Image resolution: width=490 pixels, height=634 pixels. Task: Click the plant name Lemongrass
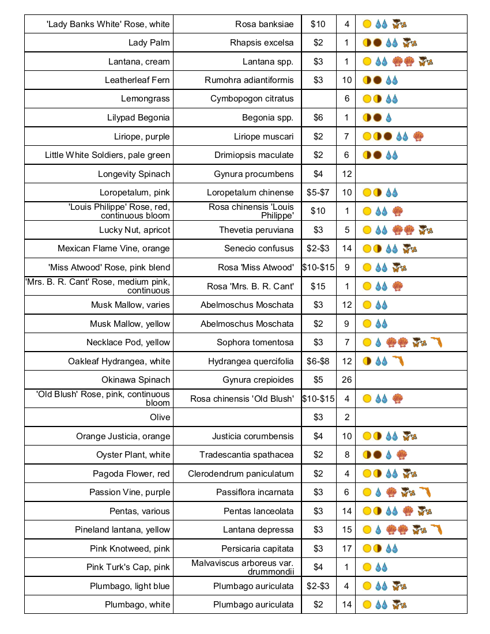click(x=145, y=99)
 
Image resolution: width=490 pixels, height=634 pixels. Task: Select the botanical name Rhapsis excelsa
click(x=262, y=43)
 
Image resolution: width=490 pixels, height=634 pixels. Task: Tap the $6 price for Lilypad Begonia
click(x=318, y=118)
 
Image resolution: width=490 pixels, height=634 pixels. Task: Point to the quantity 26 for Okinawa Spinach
click(x=346, y=380)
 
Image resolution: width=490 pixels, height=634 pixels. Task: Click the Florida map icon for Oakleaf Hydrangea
click(x=398, y=361)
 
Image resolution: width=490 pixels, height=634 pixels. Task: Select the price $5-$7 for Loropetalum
click(x=318, y=193)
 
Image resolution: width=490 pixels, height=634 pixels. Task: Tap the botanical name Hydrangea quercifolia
click(x=251, y=361)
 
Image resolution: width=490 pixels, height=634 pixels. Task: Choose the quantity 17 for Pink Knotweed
click(x=346, y=549)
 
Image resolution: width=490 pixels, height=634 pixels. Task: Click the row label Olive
click(x=160, y=417)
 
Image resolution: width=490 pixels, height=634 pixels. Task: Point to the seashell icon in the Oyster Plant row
click(x=402, y=455)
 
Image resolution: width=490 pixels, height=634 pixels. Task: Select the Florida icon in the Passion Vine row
click(x=425, y=492)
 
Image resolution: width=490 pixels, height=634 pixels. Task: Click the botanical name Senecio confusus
click(x=259, y=249)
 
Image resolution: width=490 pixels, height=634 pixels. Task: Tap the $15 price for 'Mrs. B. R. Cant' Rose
click(x=318, y=286)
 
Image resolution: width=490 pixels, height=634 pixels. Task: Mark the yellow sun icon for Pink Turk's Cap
click(x=367, y=567)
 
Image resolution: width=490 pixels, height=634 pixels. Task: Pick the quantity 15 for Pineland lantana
click(x=346, y=530)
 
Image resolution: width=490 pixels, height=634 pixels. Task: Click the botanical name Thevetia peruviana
click(x=256, y=230)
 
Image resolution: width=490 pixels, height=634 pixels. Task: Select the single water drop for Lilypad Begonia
click(x=389, y=118)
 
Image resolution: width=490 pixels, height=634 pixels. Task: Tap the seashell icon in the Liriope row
click(x=419, y=137)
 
